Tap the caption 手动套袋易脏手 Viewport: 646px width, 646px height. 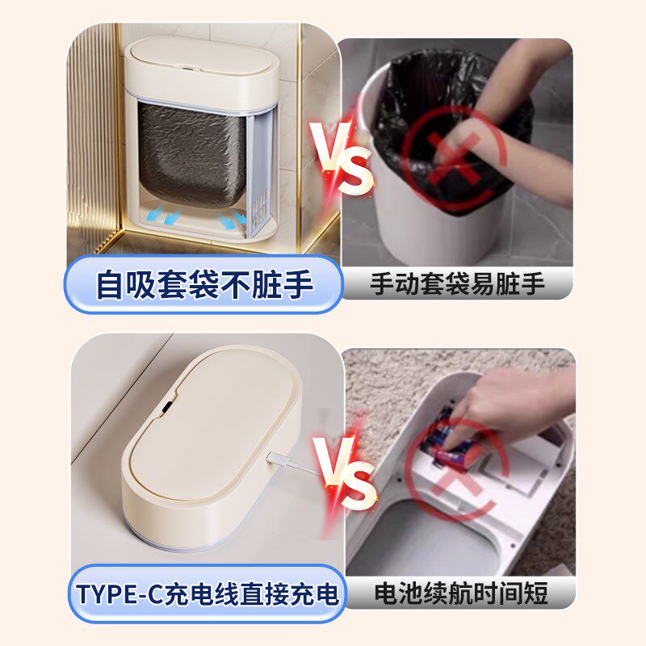point(458,284)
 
